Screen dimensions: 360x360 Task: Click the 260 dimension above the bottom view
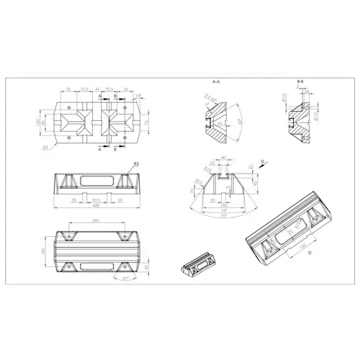tap(96, 220)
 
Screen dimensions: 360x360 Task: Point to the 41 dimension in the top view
tap(99, 89)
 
